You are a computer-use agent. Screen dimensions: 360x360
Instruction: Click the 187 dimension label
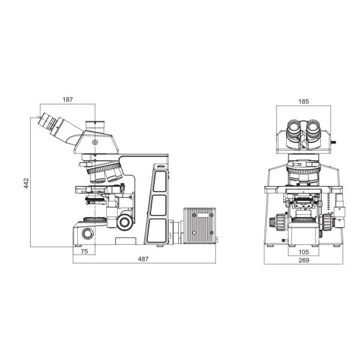[x=68, y=100]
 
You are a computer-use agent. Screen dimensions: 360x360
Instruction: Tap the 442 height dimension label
[x=26, y=183]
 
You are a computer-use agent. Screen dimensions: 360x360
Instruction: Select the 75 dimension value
[x=84, y=251]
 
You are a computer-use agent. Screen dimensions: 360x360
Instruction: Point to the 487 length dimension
[x=143, y=259]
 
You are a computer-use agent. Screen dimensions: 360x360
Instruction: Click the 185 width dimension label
[x=304, y=101]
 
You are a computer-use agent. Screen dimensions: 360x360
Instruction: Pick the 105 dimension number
[x=304, y=252]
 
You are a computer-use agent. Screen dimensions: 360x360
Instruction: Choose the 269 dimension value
[x=304, y=260]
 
